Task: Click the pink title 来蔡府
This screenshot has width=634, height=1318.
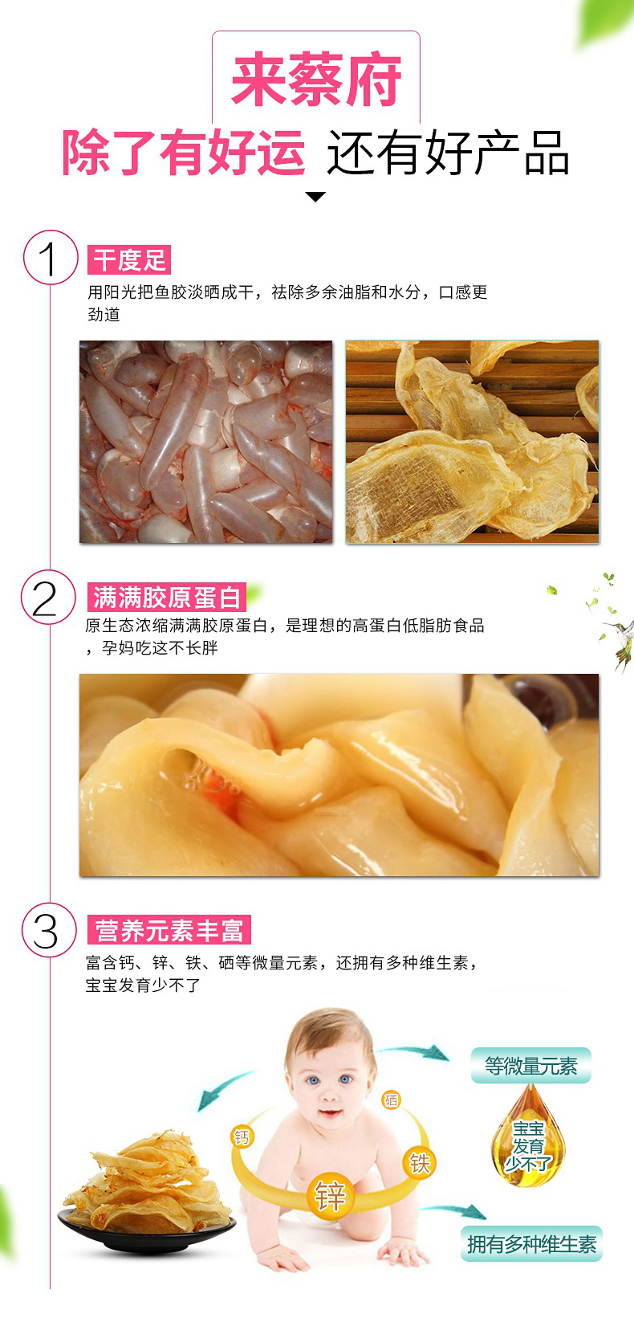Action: (316, 80)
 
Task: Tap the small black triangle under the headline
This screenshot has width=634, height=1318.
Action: (316, 197)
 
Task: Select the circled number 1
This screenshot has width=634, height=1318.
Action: (51, 258)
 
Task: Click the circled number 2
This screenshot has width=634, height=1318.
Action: (48, 598)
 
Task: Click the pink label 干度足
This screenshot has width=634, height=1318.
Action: (129, 259)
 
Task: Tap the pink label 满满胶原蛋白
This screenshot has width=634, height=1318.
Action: (166, 598)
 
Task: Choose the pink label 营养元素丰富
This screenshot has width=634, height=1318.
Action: (169, 929)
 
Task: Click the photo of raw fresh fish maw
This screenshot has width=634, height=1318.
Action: (205, 441)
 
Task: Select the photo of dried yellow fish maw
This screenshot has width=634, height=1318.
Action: (472, 441)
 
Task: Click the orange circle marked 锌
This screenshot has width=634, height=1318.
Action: (329, 1195)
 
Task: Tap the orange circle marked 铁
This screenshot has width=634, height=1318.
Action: (420, 1162)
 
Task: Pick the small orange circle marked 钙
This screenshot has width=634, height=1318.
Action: (242, 1136)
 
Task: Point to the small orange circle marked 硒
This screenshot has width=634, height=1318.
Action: (391, 1100)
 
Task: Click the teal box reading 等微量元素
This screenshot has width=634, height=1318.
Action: (531, 1066)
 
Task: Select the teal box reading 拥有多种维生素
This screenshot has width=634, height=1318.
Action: (531, 1244)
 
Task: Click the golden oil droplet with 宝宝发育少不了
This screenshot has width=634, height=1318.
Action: (528, 1136)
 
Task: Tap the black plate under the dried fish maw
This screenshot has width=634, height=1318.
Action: (146, 1230)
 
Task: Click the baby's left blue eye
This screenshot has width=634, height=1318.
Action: (312, 1080)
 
